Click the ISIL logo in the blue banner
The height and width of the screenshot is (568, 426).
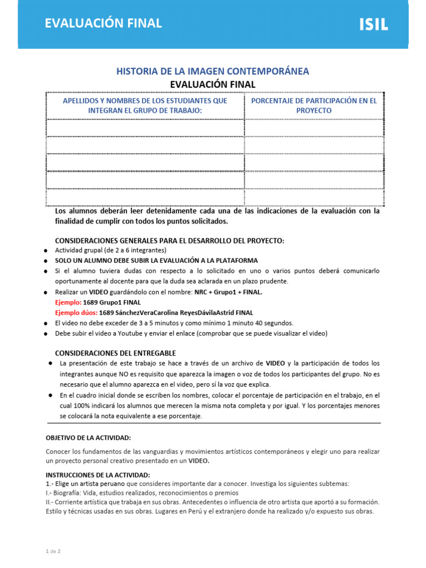(x=373, y=24)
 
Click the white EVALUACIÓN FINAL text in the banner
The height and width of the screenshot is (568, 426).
(x=103, y=23)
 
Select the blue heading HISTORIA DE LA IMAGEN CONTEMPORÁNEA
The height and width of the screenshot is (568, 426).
(x=212, y=71)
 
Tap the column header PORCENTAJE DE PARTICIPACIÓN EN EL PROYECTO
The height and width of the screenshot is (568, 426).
(x=313, y=105)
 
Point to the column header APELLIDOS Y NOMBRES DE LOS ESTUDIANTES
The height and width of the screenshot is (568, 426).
(x=145, y=105)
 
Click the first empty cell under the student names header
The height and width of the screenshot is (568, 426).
(x=145, y=128)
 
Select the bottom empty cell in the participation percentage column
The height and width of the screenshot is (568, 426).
(x=313, y=197)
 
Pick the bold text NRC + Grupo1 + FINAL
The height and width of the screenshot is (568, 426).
(x=228, y=292)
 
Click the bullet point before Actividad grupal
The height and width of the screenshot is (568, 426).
(x=46, y=251)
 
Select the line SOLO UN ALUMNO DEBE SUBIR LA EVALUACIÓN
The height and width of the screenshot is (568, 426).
(x=156, y=260)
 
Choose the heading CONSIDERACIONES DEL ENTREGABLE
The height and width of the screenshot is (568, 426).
(x=115, y=353)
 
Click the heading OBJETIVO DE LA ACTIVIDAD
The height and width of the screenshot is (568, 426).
(x=88, y=438)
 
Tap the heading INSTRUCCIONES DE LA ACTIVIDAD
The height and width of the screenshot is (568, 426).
(x=98, y=475)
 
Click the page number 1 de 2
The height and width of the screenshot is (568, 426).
(x=53, y=551)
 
